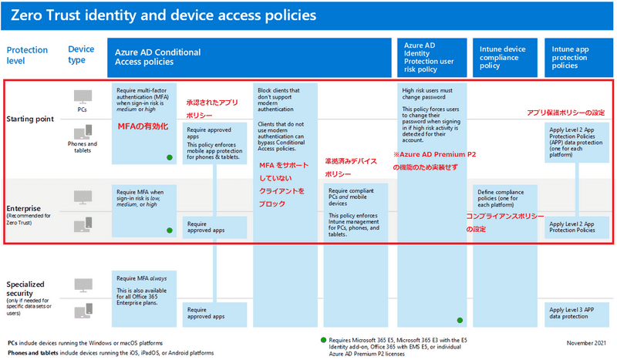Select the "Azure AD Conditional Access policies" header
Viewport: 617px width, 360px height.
click(158, 58)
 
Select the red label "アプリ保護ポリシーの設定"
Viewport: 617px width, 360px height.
click(565, 113)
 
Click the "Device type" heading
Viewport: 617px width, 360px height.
click(81, 55)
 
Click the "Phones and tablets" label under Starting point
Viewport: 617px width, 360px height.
click(82, 147)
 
